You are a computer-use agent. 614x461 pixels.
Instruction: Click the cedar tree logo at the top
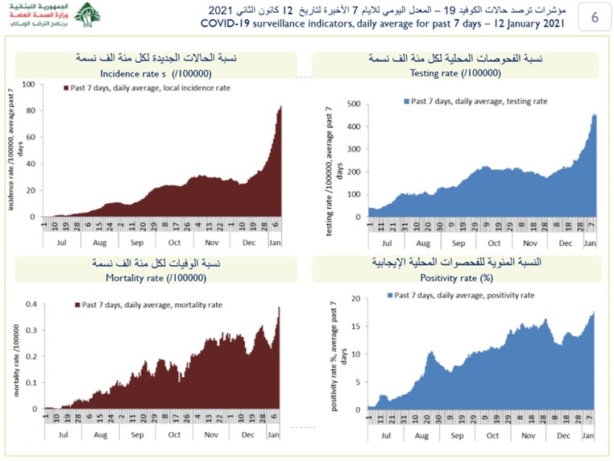point(88,15)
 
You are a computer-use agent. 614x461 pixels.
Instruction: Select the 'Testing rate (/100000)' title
point(455,73)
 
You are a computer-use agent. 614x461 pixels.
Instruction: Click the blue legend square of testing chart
point(405,102)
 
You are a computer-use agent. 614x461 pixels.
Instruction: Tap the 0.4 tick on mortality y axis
point(30,304)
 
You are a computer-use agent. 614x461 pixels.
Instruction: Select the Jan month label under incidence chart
point(276,241)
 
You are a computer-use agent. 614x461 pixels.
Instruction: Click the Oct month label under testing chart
point(494,243)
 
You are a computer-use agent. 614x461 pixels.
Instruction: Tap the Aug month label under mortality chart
point(99,433)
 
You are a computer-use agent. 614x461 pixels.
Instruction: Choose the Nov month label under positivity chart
point(528,434)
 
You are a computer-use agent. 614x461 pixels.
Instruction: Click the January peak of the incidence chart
point(280,107)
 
